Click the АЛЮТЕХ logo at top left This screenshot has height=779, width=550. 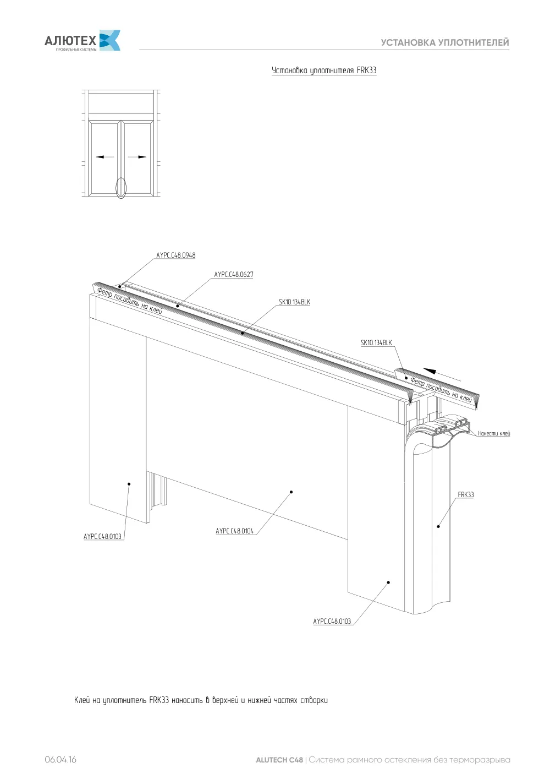pyautogui.click(x=82, y=41)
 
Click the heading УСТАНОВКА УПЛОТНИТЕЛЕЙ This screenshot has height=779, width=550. pyautogui.click(x=445, y=42)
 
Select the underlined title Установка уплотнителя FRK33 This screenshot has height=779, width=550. pyautogui.click(x=324, y=70)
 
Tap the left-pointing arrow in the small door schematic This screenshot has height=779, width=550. pyautogui.click(x=105, y=157)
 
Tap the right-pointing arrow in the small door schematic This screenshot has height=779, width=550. pyautogui.click(x=137, y=157)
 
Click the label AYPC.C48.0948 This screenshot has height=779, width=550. pyautogui.click(x=176, y=255)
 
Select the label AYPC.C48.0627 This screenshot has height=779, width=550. pyautogui.click(x=234, y=274)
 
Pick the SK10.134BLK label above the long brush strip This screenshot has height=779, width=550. pyautogui.click(x=294, y=302)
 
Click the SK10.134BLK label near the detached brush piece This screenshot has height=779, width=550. pyautogui.click(x=376, y=342)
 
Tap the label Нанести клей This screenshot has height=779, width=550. pyautogui.click(x=494, y=433)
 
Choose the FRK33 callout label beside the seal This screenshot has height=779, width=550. pyautogui.click(x=465, y=494)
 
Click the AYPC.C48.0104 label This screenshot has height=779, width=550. pyautogui.click(x=234, y=531)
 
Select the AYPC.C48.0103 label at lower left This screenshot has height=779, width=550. pyautogui.click(x=102, y=536)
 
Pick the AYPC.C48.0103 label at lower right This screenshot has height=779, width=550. pyautogui.click(x=332, y=621)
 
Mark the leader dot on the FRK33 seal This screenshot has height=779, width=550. pyautogui.click(x=438, y=526)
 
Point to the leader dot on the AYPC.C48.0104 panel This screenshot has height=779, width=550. pyautogui.click(x=291, y=492)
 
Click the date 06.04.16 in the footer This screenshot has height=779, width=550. pyautogui.click(x=61, y=759)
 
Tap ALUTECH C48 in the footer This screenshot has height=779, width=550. pyautogui.click(x=279, y=760)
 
